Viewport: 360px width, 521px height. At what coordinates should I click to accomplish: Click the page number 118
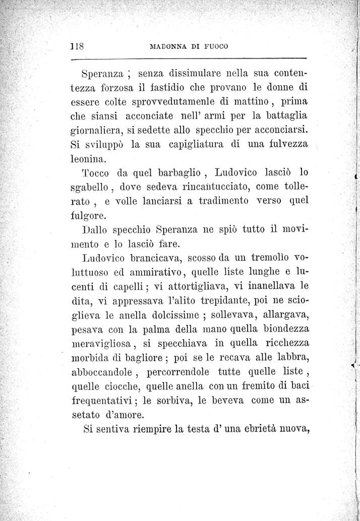pyautogui.click(x=77, y=46)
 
